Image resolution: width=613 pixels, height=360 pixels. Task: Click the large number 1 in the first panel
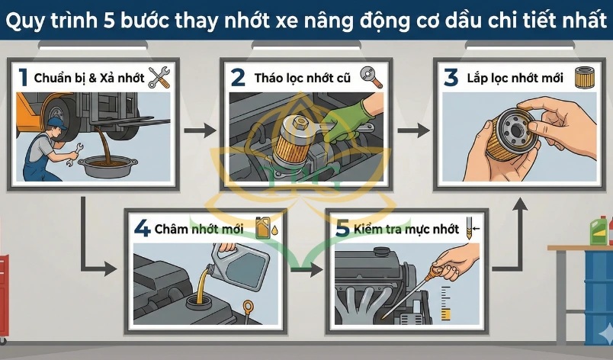(24, 77)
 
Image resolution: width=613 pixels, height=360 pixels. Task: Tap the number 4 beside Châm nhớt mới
(142, 228)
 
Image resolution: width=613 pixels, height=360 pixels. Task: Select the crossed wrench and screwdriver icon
(159, 77)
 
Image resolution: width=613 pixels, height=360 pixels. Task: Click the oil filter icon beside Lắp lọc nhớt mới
(585, 77)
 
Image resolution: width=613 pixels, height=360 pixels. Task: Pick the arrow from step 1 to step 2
(200, 130)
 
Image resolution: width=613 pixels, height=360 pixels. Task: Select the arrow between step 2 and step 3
(413, 130)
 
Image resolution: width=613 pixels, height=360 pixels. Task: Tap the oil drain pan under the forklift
(108, 166)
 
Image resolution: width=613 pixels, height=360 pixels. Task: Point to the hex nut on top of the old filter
(300, 123)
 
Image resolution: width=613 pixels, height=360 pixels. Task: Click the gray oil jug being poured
(239, 267)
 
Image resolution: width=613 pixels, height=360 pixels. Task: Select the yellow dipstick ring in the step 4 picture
(248, 306)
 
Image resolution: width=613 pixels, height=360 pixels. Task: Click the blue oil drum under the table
(599, 297)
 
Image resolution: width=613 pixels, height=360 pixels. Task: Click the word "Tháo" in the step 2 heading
(270, 78)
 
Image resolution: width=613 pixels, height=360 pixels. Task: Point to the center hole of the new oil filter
(517, 131)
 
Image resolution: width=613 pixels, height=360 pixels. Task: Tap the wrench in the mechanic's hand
(75, 154)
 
